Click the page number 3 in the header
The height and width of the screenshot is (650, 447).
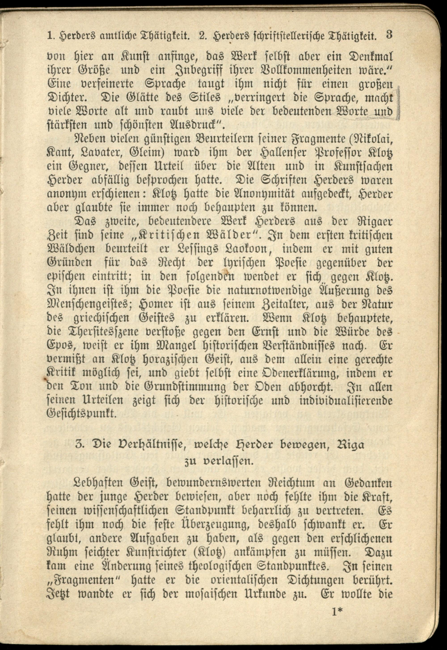(x=389, y=36)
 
